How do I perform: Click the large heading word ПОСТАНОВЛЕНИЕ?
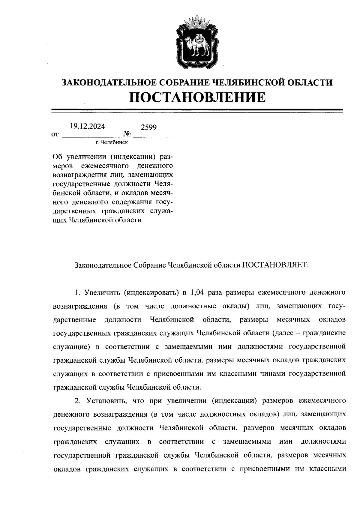click(x=197, y=97)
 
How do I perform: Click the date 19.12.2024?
click(x=87, y=126)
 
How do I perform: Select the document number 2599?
click(x=149, y=127)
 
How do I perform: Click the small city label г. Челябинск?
click(x=112, y=142)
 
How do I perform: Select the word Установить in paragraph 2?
click(x=104, y=400)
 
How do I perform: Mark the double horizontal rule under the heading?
click(x=197, y=111)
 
